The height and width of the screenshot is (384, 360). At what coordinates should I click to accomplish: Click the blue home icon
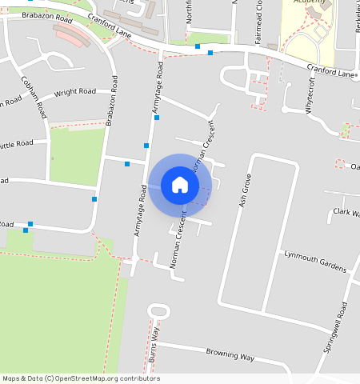click(x=180, y=185)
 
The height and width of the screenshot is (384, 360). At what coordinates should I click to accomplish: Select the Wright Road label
click(x=74, y=94)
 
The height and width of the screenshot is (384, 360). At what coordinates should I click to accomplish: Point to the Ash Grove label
click(x=246, y=190)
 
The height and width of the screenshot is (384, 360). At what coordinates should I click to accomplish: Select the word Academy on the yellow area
click(x=310, y=2)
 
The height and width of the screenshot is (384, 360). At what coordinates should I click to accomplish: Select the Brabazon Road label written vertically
click(x=113, y=101)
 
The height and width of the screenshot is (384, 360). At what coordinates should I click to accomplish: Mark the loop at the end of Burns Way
click(x=158, y=310)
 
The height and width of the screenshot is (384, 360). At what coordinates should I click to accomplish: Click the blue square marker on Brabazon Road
click(x=94, y=198)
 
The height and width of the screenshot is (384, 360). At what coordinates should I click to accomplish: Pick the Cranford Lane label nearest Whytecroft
click(x=330, y=71)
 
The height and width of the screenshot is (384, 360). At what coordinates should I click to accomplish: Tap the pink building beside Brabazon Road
click(x=74, y=37)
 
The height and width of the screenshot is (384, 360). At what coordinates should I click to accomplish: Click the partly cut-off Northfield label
click(x=190, y=16)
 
